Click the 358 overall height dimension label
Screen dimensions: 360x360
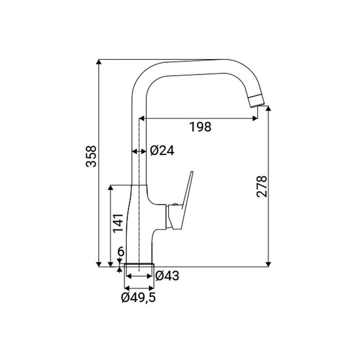pos(91,156)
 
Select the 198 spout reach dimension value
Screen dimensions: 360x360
pos(200,127)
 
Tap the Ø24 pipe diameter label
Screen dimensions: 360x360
pos(162,151)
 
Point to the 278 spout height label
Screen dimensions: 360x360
pos(262,187)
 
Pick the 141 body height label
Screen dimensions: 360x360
pos(118,223)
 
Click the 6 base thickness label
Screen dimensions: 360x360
pos(121,252)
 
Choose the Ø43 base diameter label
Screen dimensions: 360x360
pos(167,276)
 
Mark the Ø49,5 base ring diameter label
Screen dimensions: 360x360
pos(139,297)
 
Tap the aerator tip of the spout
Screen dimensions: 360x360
pos(256,100)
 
